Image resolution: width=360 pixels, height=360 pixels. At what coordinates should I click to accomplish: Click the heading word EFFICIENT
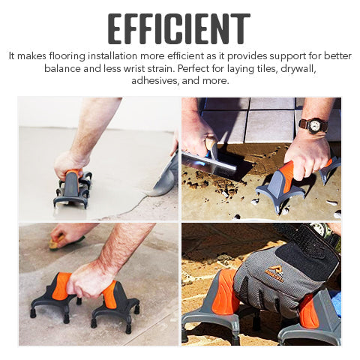pyautogui.click(x=178, y=28)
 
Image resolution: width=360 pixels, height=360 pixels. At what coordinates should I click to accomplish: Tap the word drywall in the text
pyautogui.click(x=298, y=68)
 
